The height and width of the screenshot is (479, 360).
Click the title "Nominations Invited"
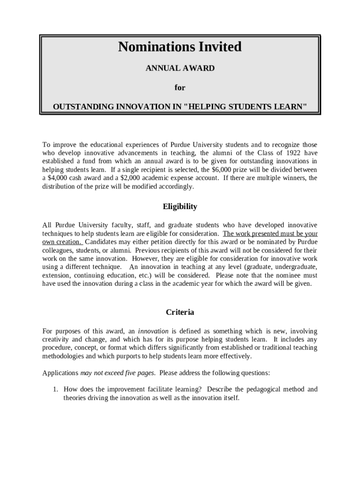point(180,47)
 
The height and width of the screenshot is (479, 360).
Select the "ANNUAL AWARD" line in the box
point(180,68)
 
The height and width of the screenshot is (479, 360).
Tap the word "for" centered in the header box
point(180,87)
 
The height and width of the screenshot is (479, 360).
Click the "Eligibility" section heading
point(180,206)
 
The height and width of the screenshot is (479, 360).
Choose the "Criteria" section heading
point(180,312)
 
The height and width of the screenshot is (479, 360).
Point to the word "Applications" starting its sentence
point(60,373)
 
